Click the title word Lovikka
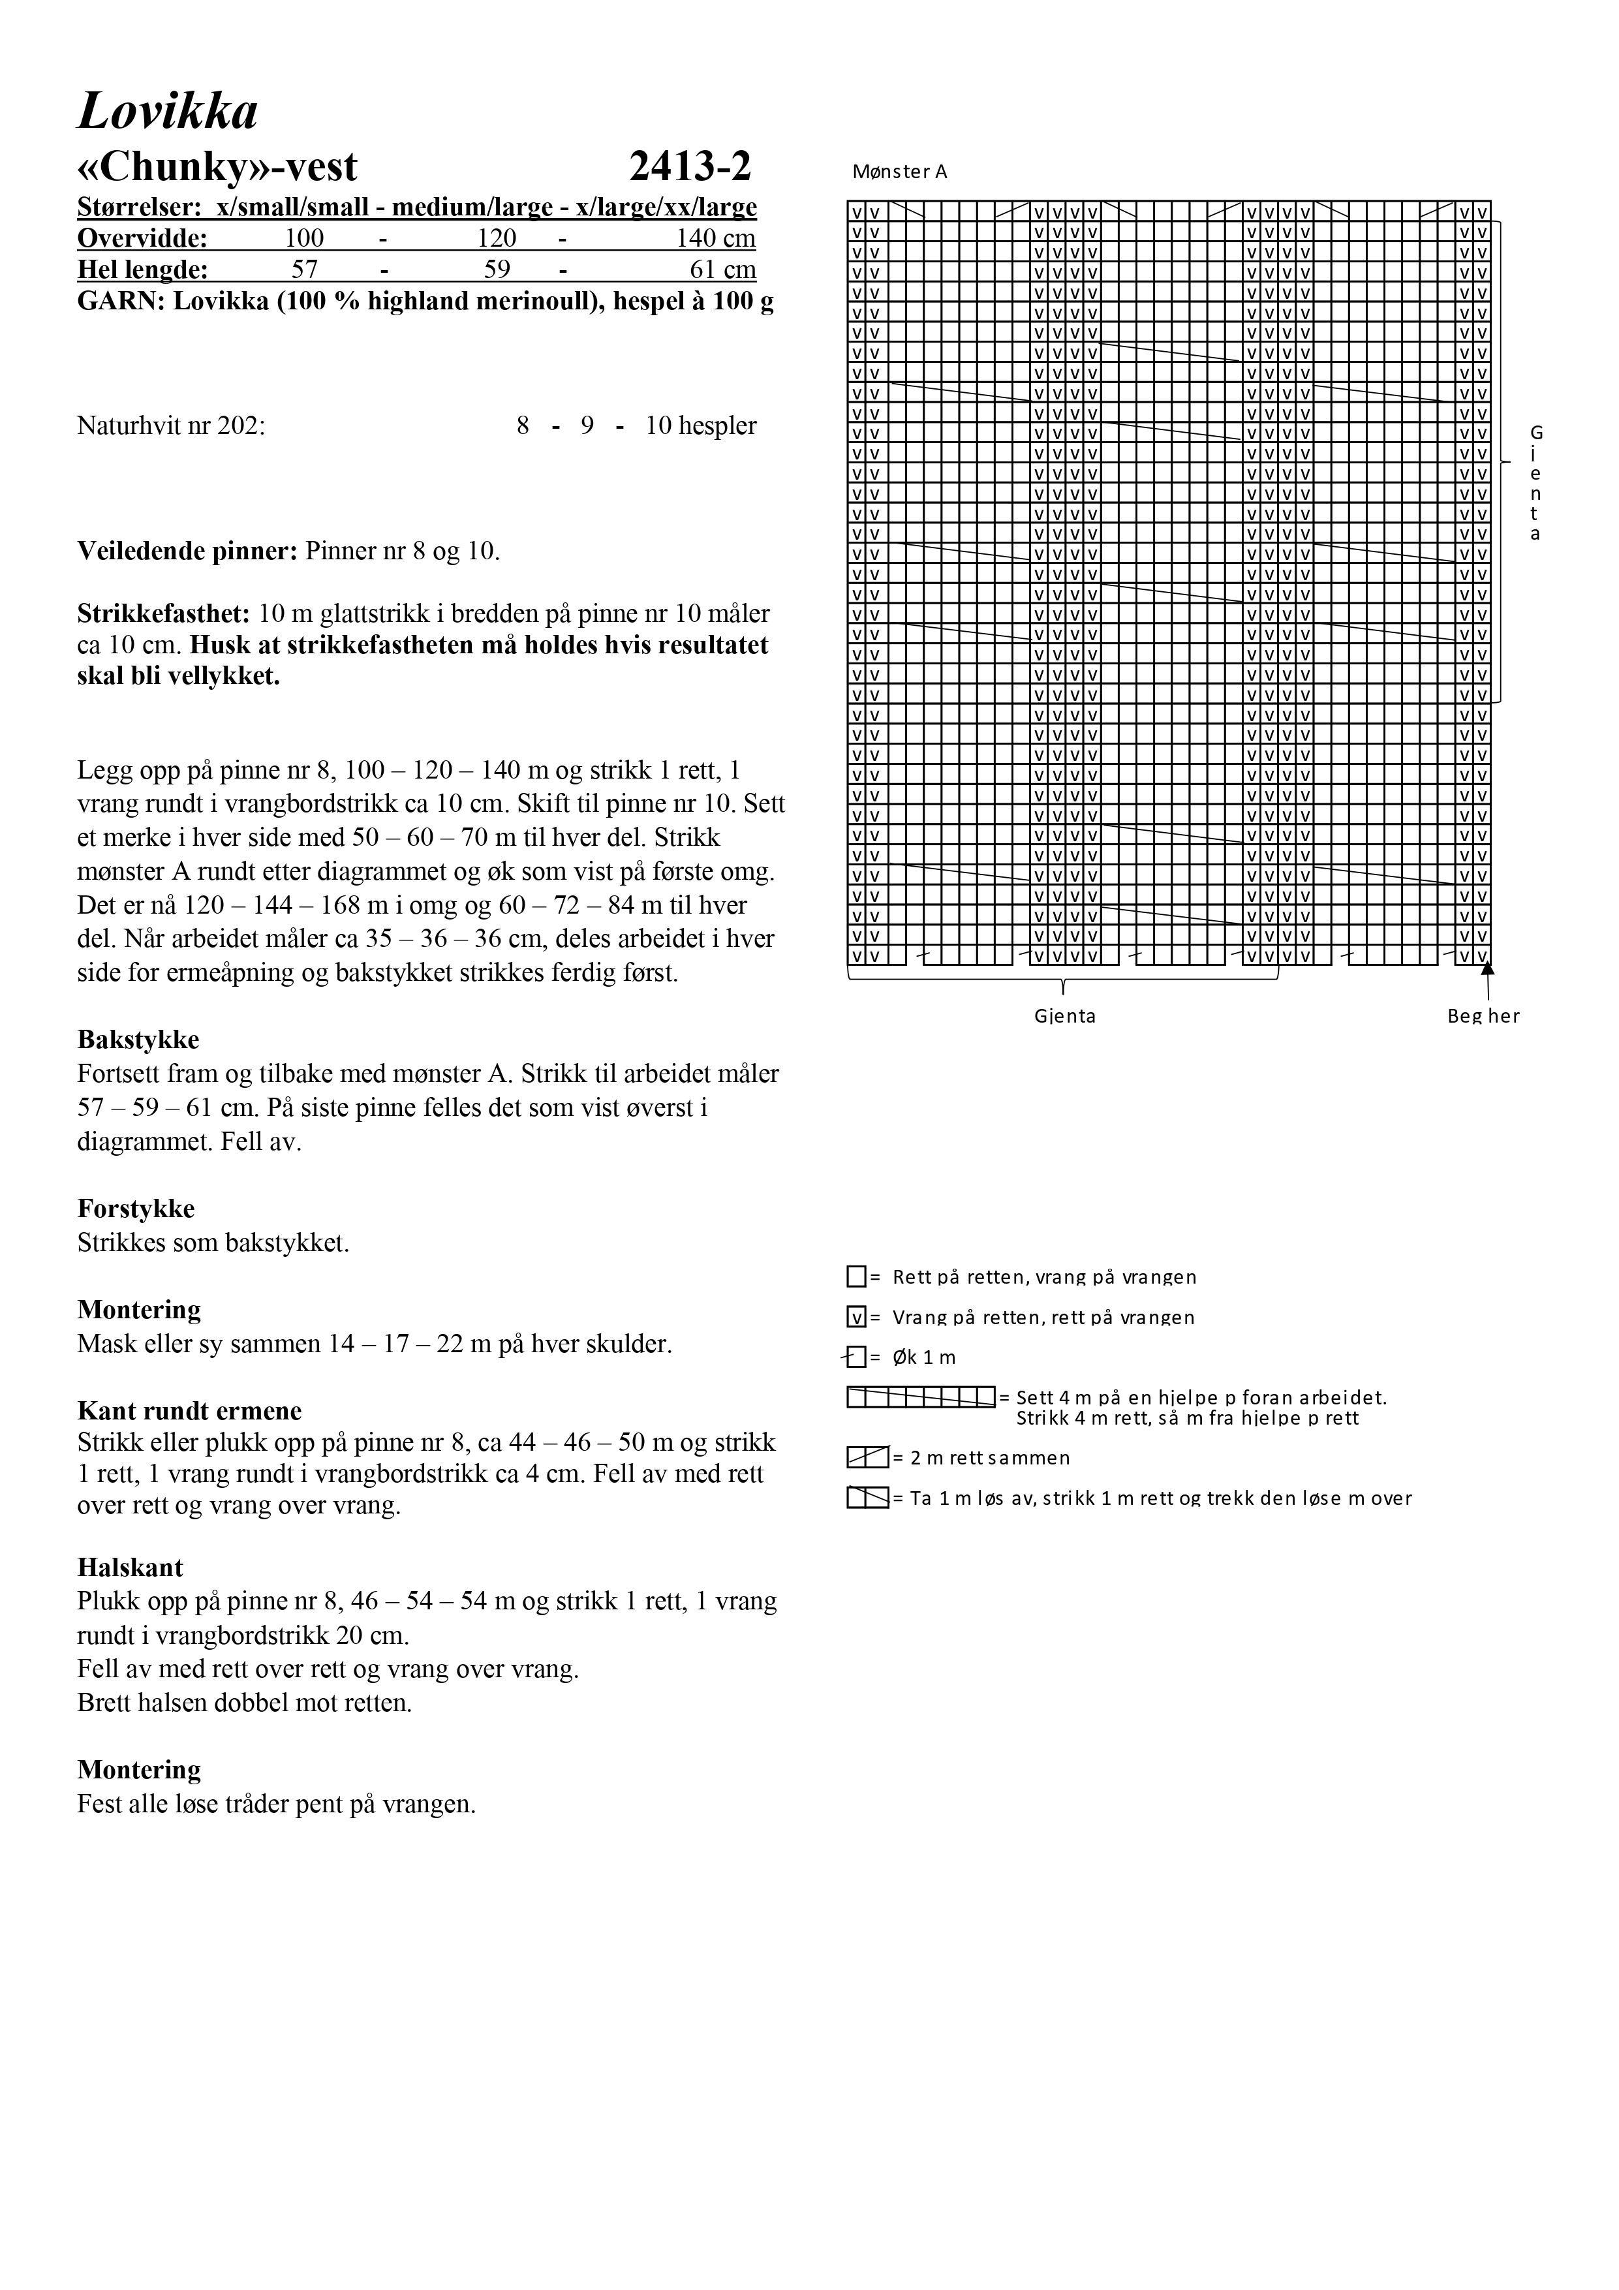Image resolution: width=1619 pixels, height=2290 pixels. click(x=168, y=112)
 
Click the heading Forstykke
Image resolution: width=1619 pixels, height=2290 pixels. click(x=136, y=1208)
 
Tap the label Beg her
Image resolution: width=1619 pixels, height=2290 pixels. click(x=1483, y=1015)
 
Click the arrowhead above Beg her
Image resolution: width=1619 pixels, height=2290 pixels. click(x=1487, y=967)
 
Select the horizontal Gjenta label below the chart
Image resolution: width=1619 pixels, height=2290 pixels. click(x=1064, y=1015)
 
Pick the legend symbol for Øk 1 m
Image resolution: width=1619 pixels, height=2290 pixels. click(x=855, y=1357)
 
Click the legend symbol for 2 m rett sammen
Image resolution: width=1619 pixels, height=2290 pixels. click(x=867, y=1457)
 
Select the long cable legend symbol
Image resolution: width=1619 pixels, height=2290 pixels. click(x=921, y=1397)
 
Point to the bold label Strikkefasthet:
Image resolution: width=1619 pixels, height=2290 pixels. click(x=164, y=613)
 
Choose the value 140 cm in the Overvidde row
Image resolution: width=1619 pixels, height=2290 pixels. click(x=715, y=238)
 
